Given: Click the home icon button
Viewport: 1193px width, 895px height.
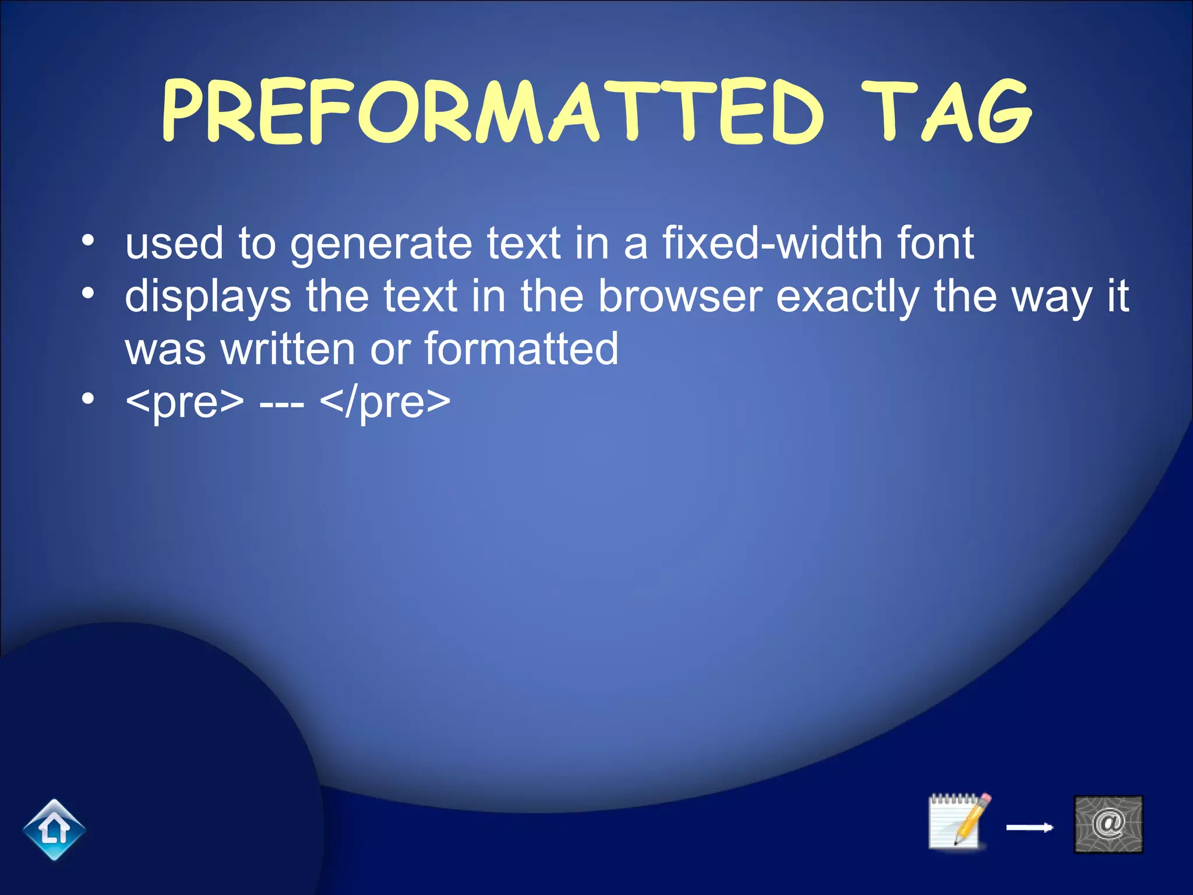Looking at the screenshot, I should click(x=54, y=829).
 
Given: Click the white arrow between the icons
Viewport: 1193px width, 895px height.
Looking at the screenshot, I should click(x=1029, y=827).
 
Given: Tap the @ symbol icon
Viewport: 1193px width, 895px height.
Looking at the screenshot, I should click(x=1108, y=824).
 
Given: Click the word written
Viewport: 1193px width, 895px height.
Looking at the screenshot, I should click(x=288, y=349).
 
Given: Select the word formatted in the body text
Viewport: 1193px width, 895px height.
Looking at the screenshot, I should click(x=521, y=349).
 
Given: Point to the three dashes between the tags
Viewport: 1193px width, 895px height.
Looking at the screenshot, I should click(x=281, y=402).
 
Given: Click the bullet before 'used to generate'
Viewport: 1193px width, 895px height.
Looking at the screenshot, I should click(x=87, y=240).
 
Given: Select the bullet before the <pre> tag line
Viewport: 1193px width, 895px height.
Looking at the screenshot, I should click(x=87, y=399).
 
